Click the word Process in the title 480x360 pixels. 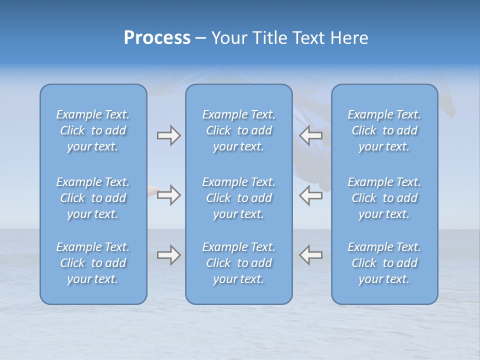pos(157,38)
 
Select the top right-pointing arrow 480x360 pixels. pos(168,135)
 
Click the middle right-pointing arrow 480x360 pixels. pos(168,194)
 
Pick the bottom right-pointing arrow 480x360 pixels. pos(168,255)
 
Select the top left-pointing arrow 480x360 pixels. pos(310,135)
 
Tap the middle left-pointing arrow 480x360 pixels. pos(310,194)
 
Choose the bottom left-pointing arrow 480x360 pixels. pos(310,255)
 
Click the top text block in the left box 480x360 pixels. pos(93,130)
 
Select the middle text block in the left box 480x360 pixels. pos(93,198)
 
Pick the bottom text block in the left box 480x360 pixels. pos(93,263)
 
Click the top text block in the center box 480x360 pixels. pos(238,130)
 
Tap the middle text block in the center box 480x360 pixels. pos(238,198)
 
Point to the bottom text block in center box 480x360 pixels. pos(238,263)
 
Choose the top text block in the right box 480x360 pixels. pos(384,130)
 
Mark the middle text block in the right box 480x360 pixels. pos(384,198)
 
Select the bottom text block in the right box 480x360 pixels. pos(384,263)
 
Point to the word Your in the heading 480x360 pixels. pos(227,38)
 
